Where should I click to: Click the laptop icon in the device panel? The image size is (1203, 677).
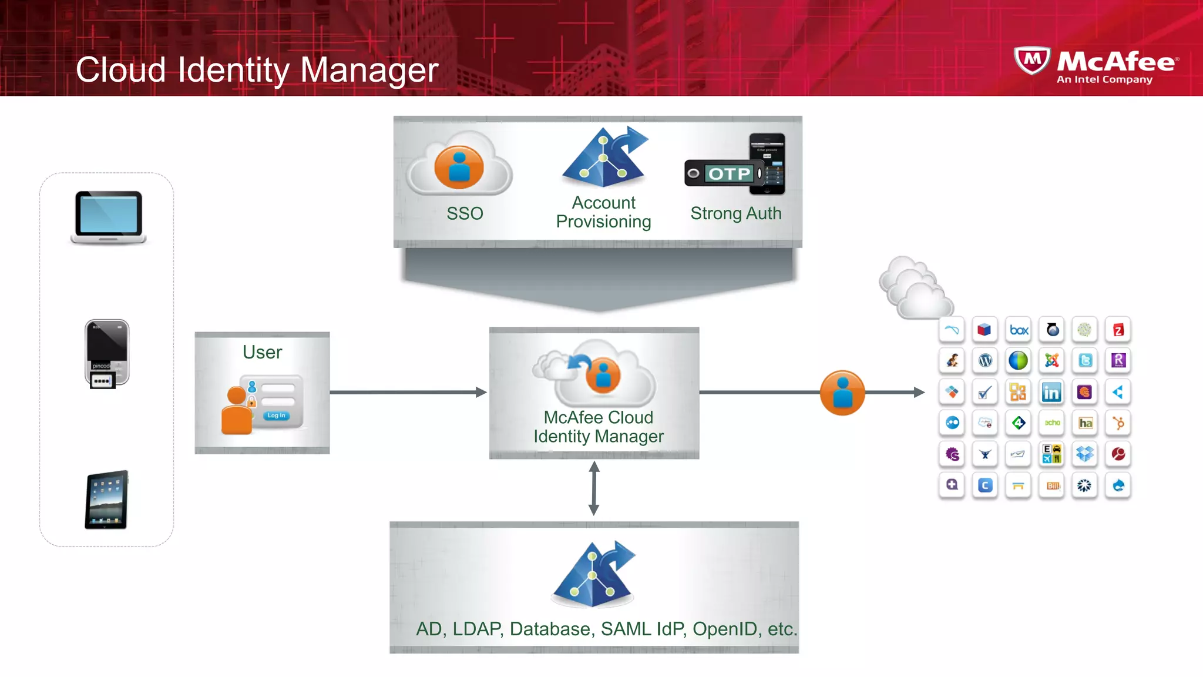(x=109, y=216)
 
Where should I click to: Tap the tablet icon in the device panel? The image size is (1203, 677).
(x=107, y=500)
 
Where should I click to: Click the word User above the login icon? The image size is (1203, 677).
(x=262, y=352)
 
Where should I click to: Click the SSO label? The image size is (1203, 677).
(x=465, y=213)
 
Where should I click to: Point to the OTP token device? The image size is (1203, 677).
(x=724, y=173)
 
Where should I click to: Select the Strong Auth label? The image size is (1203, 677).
(x=735, y=213)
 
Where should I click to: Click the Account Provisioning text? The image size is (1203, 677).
(x=603, y=212)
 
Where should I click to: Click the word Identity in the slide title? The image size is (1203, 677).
(x=233, y=71)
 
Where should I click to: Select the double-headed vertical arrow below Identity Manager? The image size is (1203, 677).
(x=594, y=488)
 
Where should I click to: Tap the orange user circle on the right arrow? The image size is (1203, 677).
(x=842, y=393)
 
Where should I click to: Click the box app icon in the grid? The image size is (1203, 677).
(x=1019, y=330)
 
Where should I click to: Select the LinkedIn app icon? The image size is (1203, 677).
(x=1051, y=392)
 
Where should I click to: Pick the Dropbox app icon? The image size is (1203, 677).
(x=1084, y=454)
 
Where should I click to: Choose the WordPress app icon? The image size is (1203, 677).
(x=985, y=360)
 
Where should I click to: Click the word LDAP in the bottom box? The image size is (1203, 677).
(x=476, y=629)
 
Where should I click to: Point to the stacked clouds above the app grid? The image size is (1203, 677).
(x=915, y=288)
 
